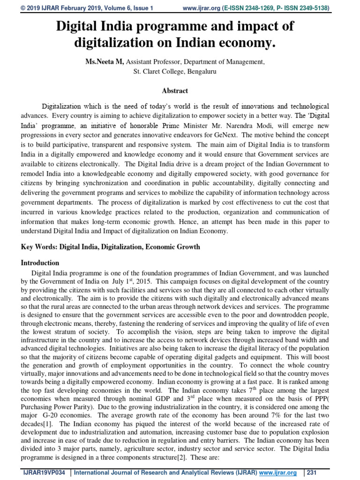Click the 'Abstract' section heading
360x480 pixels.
175,91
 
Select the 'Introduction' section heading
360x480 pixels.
40,263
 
